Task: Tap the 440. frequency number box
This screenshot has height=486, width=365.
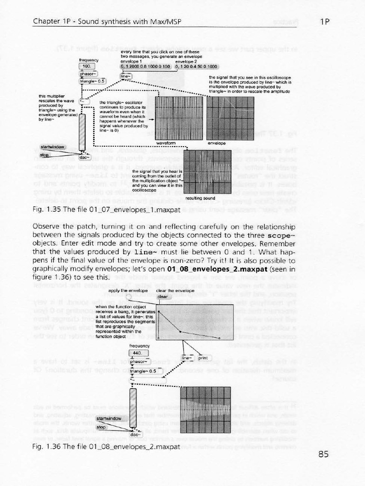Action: point(138,354)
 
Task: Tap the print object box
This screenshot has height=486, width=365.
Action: point(205,358)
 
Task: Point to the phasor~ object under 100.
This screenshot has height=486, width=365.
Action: point(88,74)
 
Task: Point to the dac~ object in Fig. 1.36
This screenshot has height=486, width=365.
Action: point(135,434)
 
